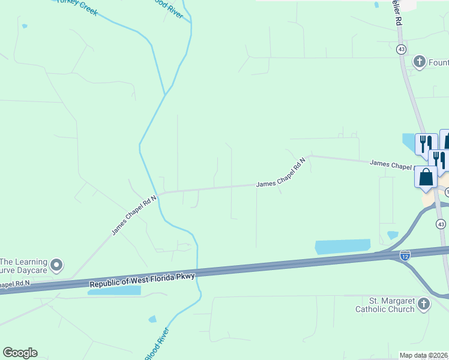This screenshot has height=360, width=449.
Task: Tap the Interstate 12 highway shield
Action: pos(405,256)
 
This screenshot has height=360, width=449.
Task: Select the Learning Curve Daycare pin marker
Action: pos(57,264)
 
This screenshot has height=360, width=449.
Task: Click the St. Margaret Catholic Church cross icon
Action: pos(424,304)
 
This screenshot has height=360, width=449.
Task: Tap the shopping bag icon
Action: pos(426,178)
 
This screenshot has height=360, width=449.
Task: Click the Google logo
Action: pos(20,353)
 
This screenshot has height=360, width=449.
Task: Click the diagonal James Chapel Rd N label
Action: pos(134,214)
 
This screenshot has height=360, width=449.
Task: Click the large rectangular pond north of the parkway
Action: pos(343,247)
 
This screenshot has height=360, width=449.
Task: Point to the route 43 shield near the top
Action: pos(401,49)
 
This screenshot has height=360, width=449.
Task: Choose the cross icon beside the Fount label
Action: pos(419,61)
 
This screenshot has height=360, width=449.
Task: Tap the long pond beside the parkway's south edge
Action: pos(114,290)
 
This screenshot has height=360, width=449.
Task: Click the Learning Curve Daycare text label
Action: pos(24,266)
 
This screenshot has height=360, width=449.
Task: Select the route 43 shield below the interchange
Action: pos(441,224)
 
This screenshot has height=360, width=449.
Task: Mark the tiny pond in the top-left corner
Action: pos(24,26)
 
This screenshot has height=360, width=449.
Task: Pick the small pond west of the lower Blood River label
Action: pos(152,319)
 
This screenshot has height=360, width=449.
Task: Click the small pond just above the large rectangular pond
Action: pos(393,235)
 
